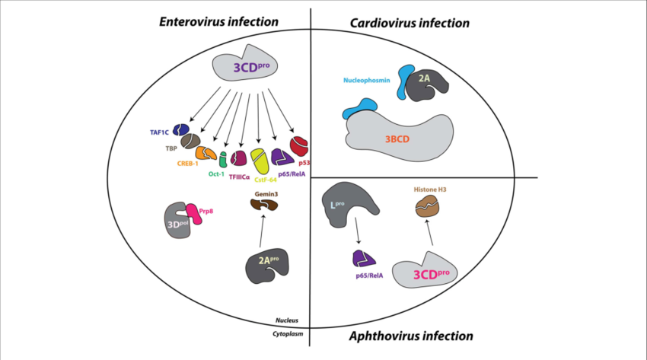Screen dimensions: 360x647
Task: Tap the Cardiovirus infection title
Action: (410, 23)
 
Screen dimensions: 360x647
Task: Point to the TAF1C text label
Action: (161, 131)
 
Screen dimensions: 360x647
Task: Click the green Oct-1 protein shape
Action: (223, 160)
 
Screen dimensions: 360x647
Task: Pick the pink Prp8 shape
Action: (194, 215)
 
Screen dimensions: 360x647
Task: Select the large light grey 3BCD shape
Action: (400, 136)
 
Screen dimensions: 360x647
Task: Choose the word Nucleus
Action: (285, 321)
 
